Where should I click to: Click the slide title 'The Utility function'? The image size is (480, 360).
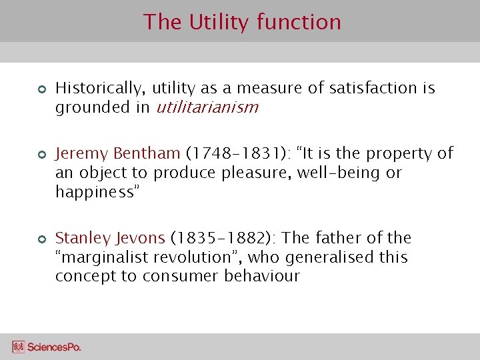point(241,22)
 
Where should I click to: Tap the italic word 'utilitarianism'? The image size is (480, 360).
point(207,107)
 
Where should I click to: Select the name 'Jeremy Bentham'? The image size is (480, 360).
point(117,153)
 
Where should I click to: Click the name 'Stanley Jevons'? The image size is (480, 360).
point(110,238)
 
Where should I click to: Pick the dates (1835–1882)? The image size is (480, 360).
point(223,238)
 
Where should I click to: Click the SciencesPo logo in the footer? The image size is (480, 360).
point(46,347)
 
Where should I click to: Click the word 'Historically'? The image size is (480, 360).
point(100,88)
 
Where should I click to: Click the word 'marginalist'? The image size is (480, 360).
point(103,257)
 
